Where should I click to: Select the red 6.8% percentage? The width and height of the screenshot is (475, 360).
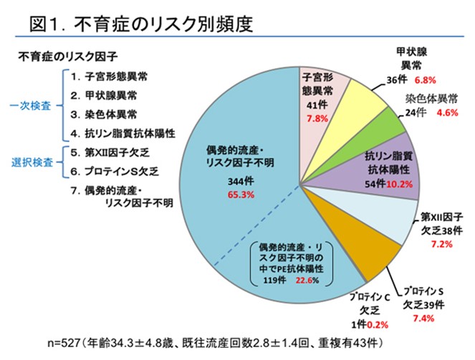426,79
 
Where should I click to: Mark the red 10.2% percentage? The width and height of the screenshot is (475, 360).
402,184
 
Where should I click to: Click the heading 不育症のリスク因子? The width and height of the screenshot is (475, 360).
68,55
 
